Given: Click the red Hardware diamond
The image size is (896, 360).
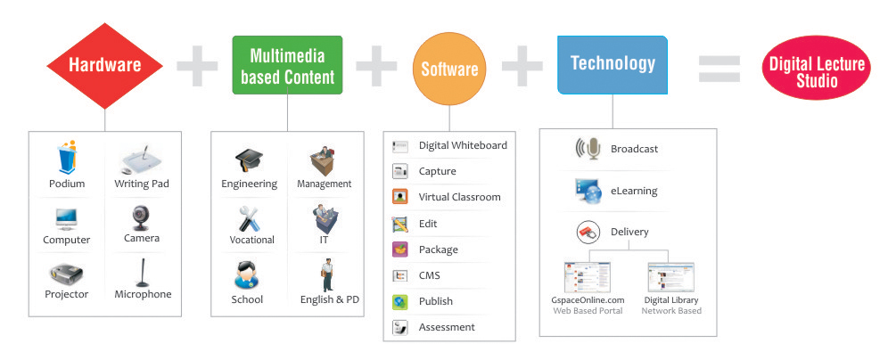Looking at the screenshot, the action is pos(104,66).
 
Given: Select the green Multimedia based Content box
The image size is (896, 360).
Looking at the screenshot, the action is pos(287,65).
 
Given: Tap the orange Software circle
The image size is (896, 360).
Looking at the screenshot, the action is pos(449,70).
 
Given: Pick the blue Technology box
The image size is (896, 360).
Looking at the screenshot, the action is pos(612,64).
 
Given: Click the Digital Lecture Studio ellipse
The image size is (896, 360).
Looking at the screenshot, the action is pos(817,68).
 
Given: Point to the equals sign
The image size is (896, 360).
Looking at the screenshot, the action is pos(719,69).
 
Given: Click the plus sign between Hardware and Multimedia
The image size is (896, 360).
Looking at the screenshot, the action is pos(197,65).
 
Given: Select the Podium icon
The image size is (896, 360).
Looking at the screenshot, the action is pos(67,157).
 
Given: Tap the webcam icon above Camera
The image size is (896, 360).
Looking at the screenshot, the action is pos(141,218).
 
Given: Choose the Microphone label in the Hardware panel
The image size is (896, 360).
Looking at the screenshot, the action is pos(143,294).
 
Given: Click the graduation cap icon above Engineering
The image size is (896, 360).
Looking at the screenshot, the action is pos(249,160).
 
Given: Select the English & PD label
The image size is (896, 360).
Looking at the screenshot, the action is pos(330,299).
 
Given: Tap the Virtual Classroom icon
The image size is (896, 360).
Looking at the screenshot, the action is pos(400,197).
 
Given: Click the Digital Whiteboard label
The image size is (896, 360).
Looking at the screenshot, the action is pos(463,145).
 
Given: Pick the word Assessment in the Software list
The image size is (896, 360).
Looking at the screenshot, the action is pos(447,327).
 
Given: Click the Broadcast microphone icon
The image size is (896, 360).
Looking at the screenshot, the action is pos(588,149).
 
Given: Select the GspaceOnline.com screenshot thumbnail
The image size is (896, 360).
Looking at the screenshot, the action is pos(588,278).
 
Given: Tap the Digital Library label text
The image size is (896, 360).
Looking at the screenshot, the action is pos(671,300).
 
